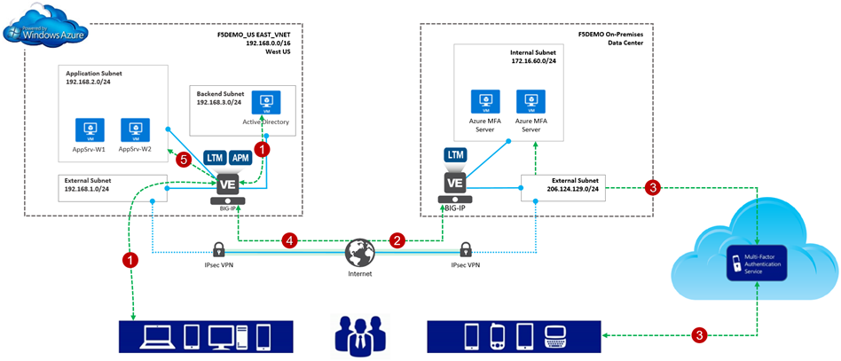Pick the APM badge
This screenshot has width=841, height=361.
[x=240, y=157]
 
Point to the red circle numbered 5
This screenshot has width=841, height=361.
[x=184, y=160]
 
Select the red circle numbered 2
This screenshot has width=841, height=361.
[x=398, y=239]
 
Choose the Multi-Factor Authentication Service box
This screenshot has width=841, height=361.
[x=757, y=263]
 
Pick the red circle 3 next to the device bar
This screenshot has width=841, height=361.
[x=700, y=334]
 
